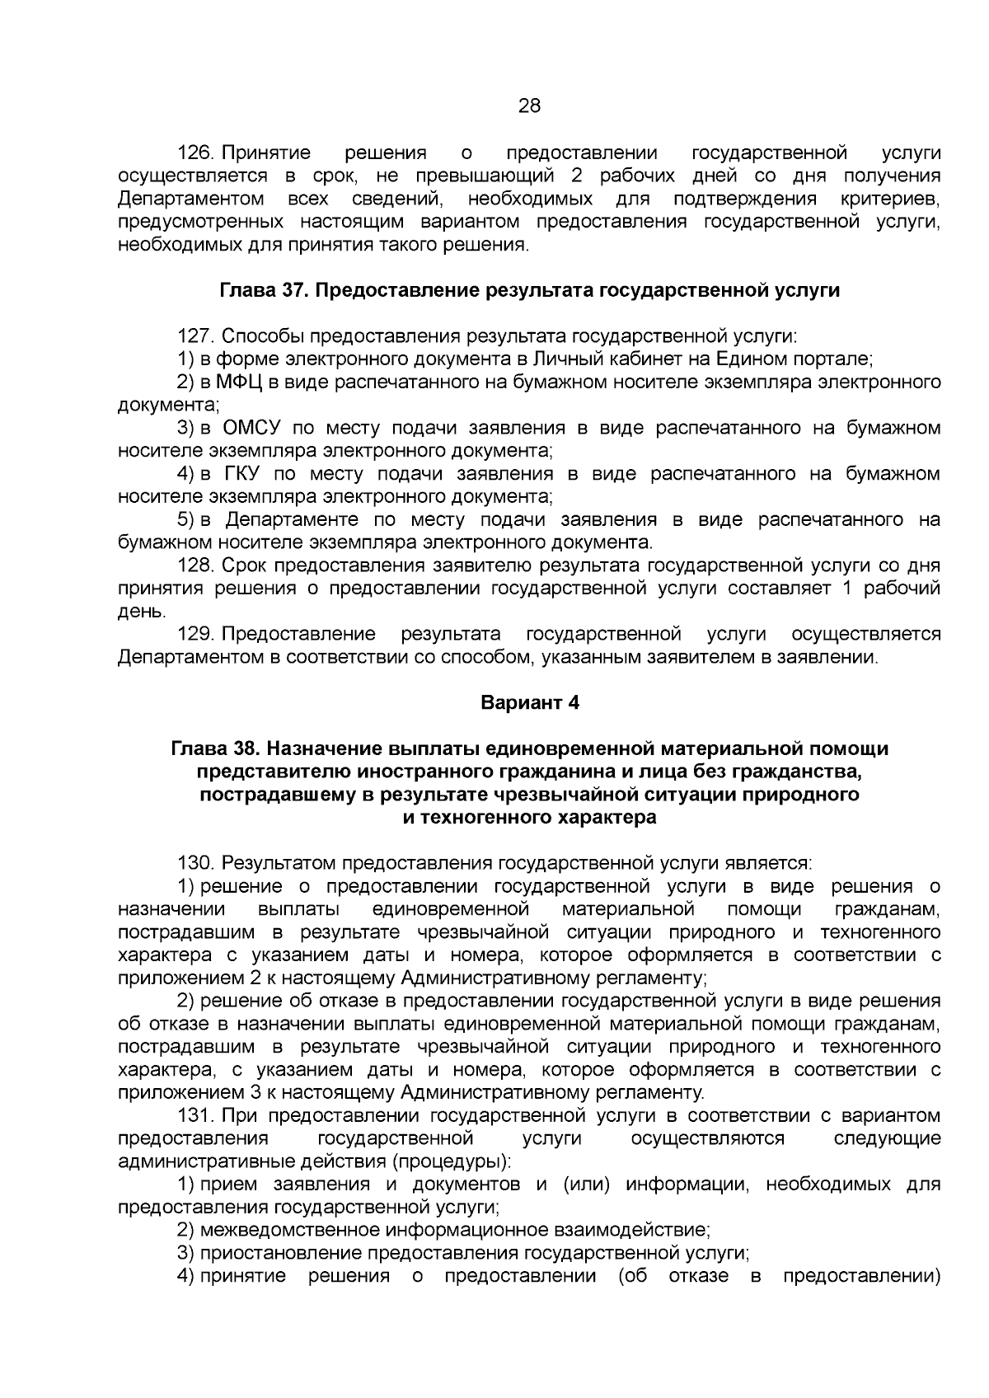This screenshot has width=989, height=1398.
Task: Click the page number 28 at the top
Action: coord(529,106)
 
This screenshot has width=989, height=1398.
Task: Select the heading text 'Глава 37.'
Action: coord(265,291)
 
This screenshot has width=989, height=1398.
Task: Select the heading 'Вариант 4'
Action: coord(530,703)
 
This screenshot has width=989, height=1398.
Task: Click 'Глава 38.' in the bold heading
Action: coord(214,749)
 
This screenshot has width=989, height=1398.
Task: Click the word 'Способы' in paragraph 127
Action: coord(262,336)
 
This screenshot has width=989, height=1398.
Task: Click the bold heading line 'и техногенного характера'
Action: coord(529,818)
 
